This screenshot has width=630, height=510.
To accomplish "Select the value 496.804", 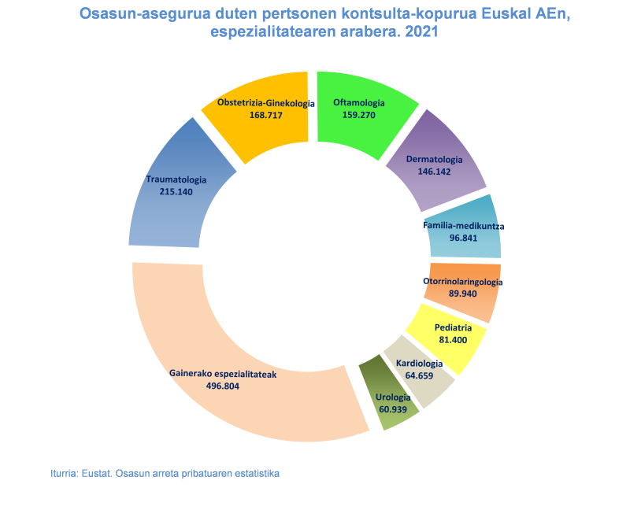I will pyautogui.click(x=221, y=386).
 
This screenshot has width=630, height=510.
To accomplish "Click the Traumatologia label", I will pyautogui.click(x=176, y=179).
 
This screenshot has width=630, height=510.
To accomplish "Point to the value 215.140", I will pyautogui.click(x=176, y=191).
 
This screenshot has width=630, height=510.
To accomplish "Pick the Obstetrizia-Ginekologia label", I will pyautogui.click(x=265, y=102).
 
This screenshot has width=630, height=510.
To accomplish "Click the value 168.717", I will pyautogui.click(x=265, y=115).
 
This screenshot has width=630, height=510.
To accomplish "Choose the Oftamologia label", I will pyautogui.click(x=358, y=102).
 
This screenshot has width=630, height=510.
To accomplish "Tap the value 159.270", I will pyautogui.click(x=358, y=115).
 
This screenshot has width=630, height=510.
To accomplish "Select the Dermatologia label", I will pyautogui.click(x=434, y=160).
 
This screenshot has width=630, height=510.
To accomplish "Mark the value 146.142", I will pyautogui.click(x=434, y=172).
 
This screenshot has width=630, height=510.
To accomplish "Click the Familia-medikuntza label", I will pyautogui.click(x=464, y=226).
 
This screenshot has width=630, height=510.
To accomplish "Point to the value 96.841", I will pyautogui.click(x=464, y=238).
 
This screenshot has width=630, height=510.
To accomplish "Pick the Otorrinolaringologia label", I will pyautogui.click(x=463, y=282).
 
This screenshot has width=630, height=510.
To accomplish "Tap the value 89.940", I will pyautogui.click(x=463, y=294).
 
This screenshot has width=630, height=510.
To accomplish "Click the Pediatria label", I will pyautogui.click(x=453, y=327).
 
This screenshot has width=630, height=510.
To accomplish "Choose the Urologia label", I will pyautogui.click(x=393, y=397).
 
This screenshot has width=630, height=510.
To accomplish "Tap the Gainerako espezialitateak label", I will pyautogui.click(x=223, y=375).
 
